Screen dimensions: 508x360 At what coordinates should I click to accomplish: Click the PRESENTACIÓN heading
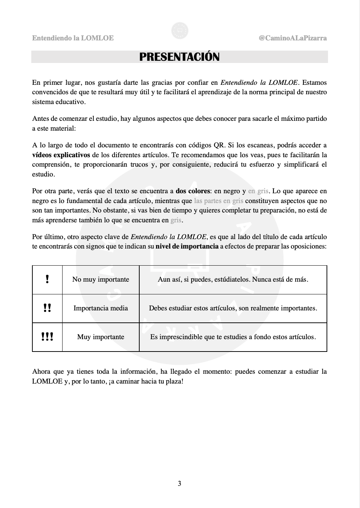tap(179, 57)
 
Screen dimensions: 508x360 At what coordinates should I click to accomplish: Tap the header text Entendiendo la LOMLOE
tap(73, 38)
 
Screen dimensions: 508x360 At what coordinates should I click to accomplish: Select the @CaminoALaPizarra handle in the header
tap(292, 38)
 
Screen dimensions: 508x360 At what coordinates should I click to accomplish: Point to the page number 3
tap(180, 483)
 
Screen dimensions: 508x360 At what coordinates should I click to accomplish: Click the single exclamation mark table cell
tap(47, 279)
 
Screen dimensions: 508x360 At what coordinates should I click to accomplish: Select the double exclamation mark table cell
tap(47, 308)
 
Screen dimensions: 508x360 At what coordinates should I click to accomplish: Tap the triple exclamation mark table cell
tap(47, 337)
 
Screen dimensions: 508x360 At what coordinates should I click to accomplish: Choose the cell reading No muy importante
tap(101, 279)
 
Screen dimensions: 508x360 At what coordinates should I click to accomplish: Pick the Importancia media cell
tap(101, 308)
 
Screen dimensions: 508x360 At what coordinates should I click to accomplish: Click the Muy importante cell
tap(101, 337)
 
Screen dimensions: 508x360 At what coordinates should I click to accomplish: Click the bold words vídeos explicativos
tap(61, 155)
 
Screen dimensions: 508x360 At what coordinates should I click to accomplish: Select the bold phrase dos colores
tap(193, 191)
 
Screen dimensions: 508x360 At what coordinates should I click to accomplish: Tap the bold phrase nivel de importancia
tap(187, 246)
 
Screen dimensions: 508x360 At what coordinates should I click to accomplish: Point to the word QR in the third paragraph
tap(219, 146)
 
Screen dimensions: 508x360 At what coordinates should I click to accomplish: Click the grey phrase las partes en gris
tap(219, 201)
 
